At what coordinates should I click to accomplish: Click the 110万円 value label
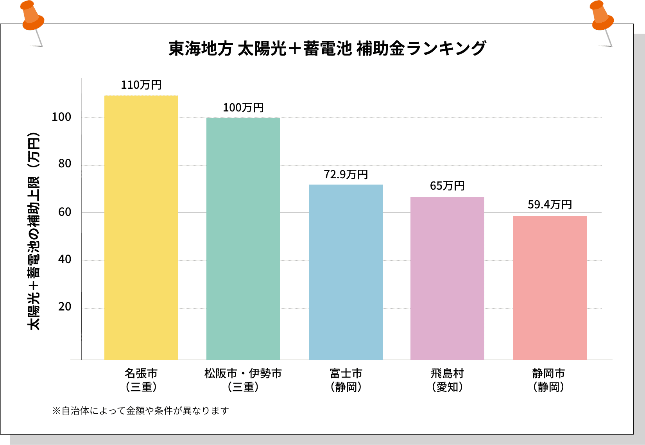[141, 85]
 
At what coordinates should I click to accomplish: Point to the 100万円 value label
[243, 108]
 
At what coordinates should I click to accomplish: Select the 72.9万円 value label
[346, 174]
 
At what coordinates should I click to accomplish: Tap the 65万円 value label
[447, 186]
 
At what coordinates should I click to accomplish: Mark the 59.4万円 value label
[550, 205]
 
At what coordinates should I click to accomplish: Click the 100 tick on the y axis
[61, 117]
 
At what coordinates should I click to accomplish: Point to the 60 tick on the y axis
[64, 212]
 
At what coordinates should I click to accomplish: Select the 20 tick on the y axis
[64, 307]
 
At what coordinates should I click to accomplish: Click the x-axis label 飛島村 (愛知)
[447, 380]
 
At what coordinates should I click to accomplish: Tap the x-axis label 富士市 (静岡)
[346, 380]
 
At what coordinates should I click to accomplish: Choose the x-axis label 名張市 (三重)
[141, 380]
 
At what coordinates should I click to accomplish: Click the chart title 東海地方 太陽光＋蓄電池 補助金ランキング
[327, 48]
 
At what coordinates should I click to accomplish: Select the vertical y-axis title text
[34, 231]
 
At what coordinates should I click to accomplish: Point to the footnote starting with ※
[141, 411]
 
